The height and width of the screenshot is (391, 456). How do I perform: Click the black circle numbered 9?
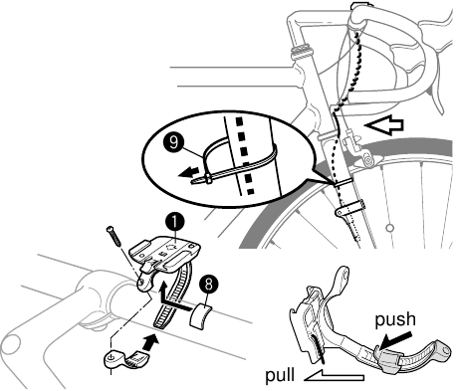(x=173, y=142)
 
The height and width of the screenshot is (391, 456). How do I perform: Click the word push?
(x=395, y=319)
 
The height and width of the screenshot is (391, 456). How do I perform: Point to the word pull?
(x=280, y=375)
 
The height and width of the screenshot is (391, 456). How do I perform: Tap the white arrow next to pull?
(x=334, y=375)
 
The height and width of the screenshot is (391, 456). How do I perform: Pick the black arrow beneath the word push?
(x=396, y=339)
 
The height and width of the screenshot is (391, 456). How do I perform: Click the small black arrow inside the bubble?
(x=188, y=172)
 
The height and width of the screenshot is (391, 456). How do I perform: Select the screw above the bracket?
(x=114, y=236)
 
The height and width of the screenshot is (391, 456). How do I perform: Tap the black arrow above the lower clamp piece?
(x=150, y=341)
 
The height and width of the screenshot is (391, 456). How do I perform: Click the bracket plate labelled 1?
(x=165, y=253)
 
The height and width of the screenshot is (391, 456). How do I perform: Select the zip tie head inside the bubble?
(x=208, y=179)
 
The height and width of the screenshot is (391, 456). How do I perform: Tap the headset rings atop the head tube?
(x=301, y=52)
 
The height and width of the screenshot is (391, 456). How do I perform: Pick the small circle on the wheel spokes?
(x=389, y=228)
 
